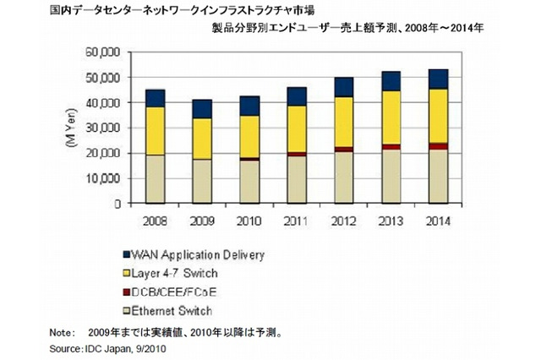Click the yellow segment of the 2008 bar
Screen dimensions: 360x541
point(155,131)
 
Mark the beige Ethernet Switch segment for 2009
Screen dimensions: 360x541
point(202,181)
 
